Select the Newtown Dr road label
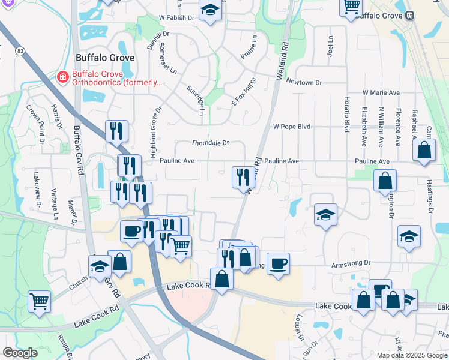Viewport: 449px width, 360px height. (x=304, y=82)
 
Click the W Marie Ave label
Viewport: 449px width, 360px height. (x=381, y=93)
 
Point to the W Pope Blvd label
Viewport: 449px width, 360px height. (x=292, y=127)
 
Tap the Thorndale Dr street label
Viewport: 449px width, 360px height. (x=210, y=143)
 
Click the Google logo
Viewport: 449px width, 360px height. (x=20, y=353)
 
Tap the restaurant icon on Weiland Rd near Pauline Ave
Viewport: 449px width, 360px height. (x=243, y=176)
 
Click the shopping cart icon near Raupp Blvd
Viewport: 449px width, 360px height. (x=39, y=301)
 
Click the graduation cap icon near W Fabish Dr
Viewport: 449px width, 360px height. (x=210, y=10)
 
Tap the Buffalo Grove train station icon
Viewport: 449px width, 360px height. (x=410, y=15)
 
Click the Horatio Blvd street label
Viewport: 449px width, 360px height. (x=347, y=114)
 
